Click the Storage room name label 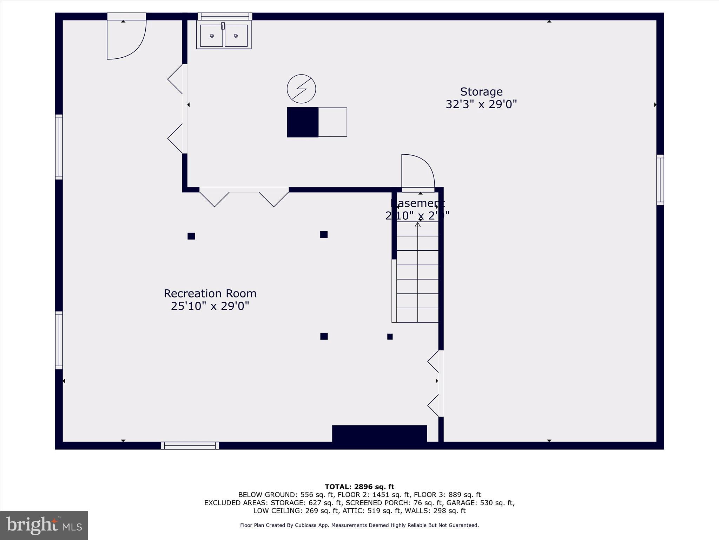[481, 92]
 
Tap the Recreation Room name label [210, 294]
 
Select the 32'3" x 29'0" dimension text [481, 104]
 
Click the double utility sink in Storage [224, 35]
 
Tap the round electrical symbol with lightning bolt [301, 89]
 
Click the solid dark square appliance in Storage [303, 122]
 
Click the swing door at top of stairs [418, 172]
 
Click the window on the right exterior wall [660, 180]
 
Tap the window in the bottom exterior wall [190, 445]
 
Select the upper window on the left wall [59, 147]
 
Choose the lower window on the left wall [59, 340]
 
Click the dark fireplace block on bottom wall [379, 433]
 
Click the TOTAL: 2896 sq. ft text [359, 487]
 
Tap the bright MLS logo [44, 526]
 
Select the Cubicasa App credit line [359, 525]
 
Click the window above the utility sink [225, 17]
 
